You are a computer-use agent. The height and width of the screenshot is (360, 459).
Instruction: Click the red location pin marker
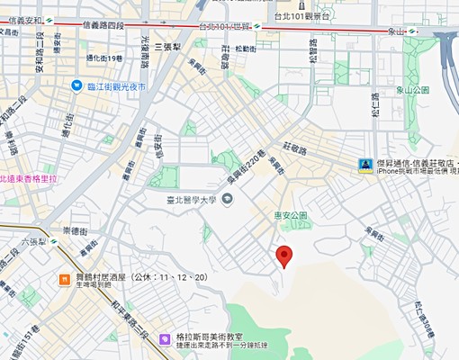[284, 256]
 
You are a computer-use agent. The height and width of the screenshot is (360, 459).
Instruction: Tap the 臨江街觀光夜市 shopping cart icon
[77, 85]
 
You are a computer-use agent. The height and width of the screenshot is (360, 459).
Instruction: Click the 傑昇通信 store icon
[365, 165]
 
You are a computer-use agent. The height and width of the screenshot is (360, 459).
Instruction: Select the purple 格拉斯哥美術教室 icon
[165, 338]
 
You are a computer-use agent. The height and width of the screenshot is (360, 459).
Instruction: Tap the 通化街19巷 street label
[101, 57]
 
